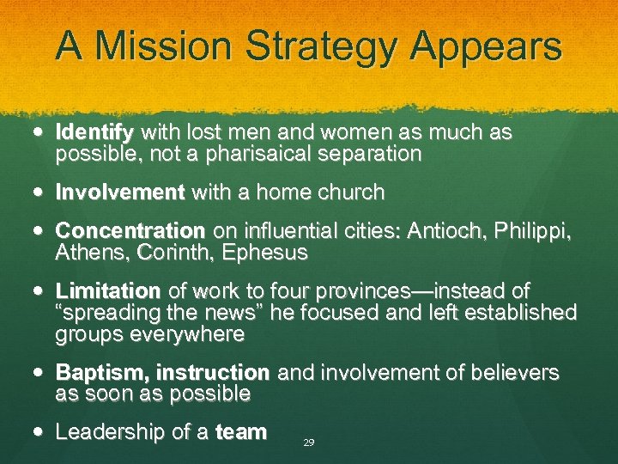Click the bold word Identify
pyautogui.click(x=94, y=133)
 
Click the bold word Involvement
pyautogui.click(x=119, y=192)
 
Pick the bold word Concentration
pyautogui.click(x=130, y=232)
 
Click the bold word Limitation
pyautogui.click(x=108, y=291)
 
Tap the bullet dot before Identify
pyautogui.click(x=43, y=133)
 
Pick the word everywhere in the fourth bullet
pyautogui.click(x=188, y=334)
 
